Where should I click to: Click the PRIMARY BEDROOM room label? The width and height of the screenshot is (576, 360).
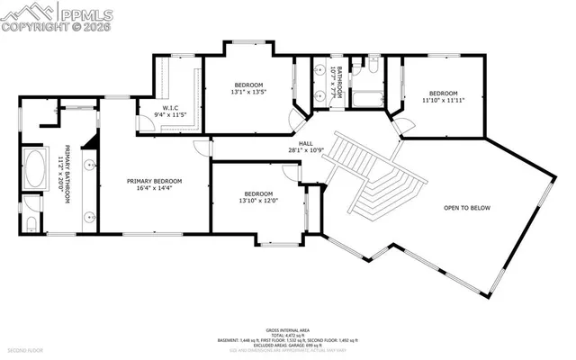154,181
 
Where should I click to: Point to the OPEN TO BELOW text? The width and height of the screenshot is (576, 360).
467,208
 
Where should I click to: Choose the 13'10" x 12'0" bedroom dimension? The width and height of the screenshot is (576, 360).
257,201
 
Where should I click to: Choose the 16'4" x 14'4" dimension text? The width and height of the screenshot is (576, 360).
154,189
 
